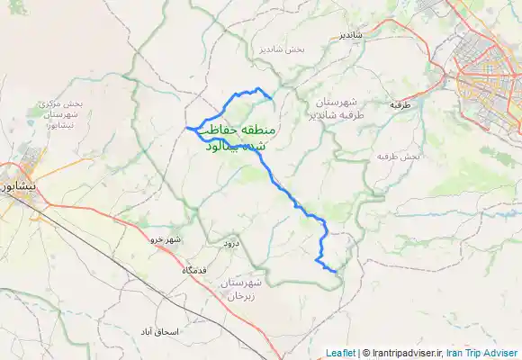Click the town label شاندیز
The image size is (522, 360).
(350, 35)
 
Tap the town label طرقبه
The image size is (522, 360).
(400, 104)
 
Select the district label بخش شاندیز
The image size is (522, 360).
(282, 49)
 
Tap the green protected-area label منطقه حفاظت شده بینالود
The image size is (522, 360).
(238, 138)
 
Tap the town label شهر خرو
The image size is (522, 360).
(166, 238)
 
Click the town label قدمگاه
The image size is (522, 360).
(195, 270)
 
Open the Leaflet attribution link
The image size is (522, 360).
(340, 353)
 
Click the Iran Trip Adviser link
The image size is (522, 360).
(482, 353)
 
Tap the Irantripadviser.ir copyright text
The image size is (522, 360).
(404, 353)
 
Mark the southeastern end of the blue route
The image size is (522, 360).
(335, 271)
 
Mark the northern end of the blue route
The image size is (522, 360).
(272, 98)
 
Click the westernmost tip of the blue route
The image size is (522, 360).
(187, 129)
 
